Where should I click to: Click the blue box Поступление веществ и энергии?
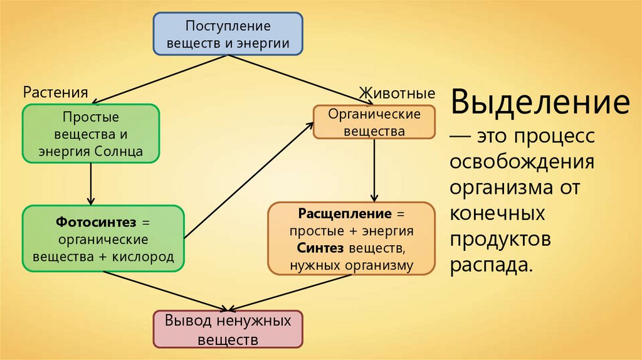228,34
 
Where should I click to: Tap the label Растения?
55,93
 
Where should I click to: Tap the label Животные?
397,94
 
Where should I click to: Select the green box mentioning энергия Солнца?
91,134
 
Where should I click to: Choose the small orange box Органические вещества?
375,122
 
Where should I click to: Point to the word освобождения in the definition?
522,162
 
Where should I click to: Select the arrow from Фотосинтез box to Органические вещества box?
249,181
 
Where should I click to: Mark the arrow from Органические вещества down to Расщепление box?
374,169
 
